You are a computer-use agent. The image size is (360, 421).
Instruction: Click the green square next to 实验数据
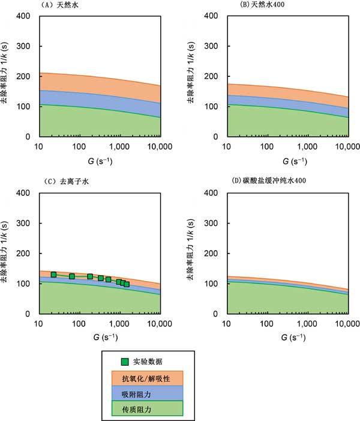125,362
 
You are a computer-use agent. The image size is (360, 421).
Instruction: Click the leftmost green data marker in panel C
53,274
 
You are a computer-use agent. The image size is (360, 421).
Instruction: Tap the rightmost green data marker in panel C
127,284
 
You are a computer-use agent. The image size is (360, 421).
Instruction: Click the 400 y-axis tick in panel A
27,16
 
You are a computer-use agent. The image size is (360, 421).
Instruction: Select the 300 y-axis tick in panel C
27,223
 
